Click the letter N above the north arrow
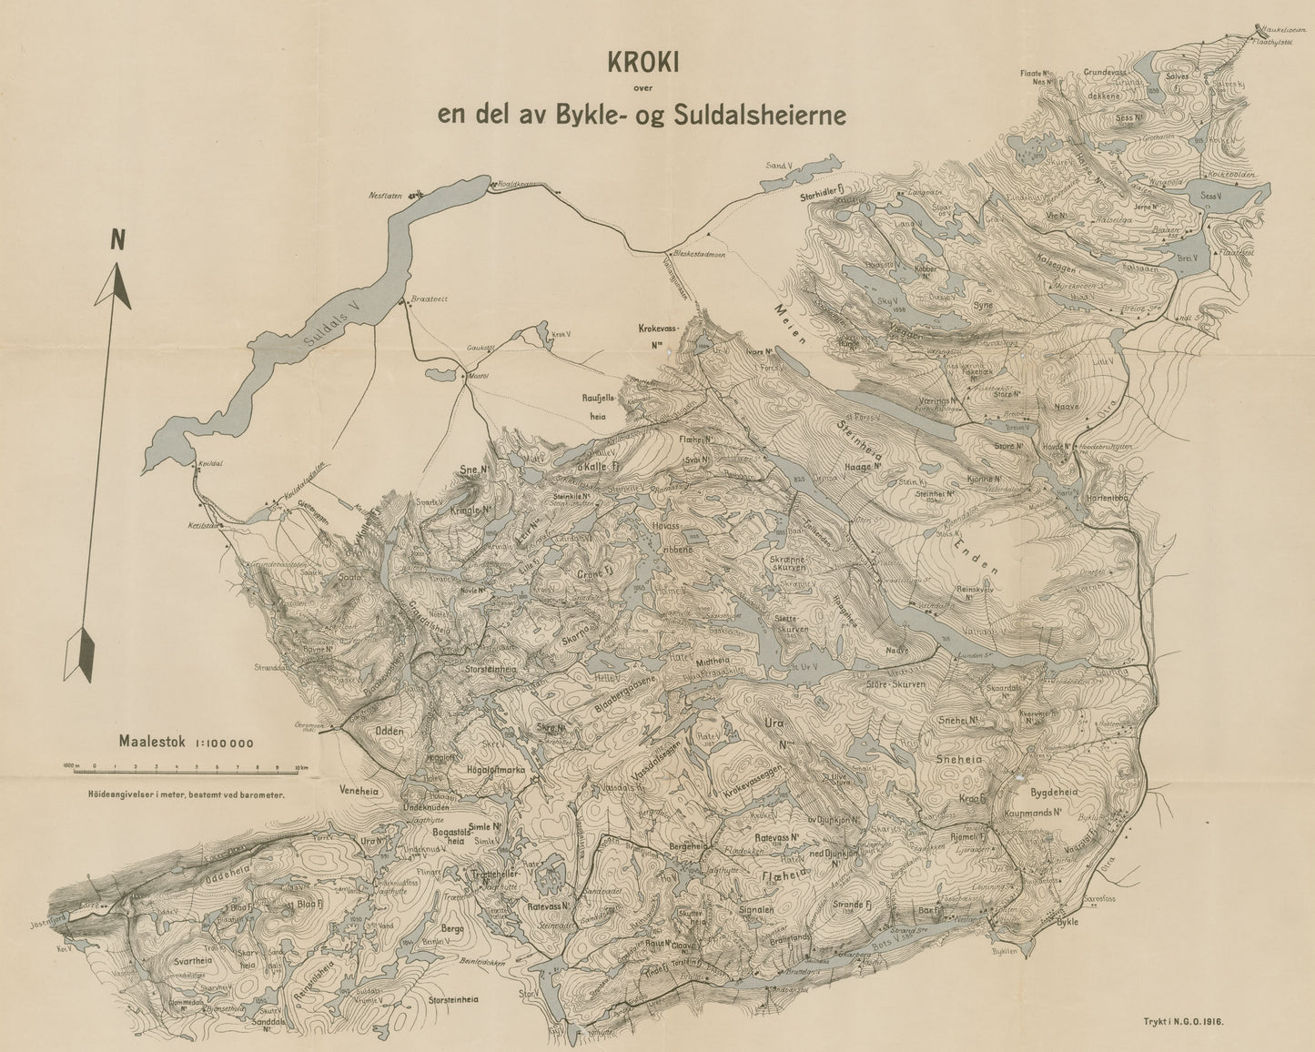click(116, 239)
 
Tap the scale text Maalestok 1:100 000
click(186, 741)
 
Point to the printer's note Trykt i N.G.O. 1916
click(1183, 1021)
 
